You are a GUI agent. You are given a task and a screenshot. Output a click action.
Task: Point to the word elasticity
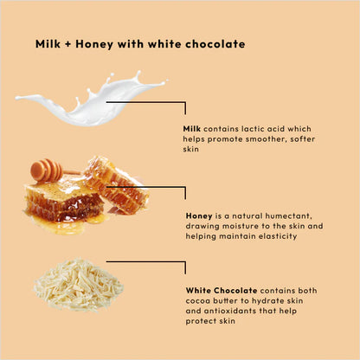coord(279,236)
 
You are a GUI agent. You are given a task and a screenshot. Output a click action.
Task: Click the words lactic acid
coord(253,129)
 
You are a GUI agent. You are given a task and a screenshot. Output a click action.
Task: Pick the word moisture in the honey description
coord(237,226)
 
